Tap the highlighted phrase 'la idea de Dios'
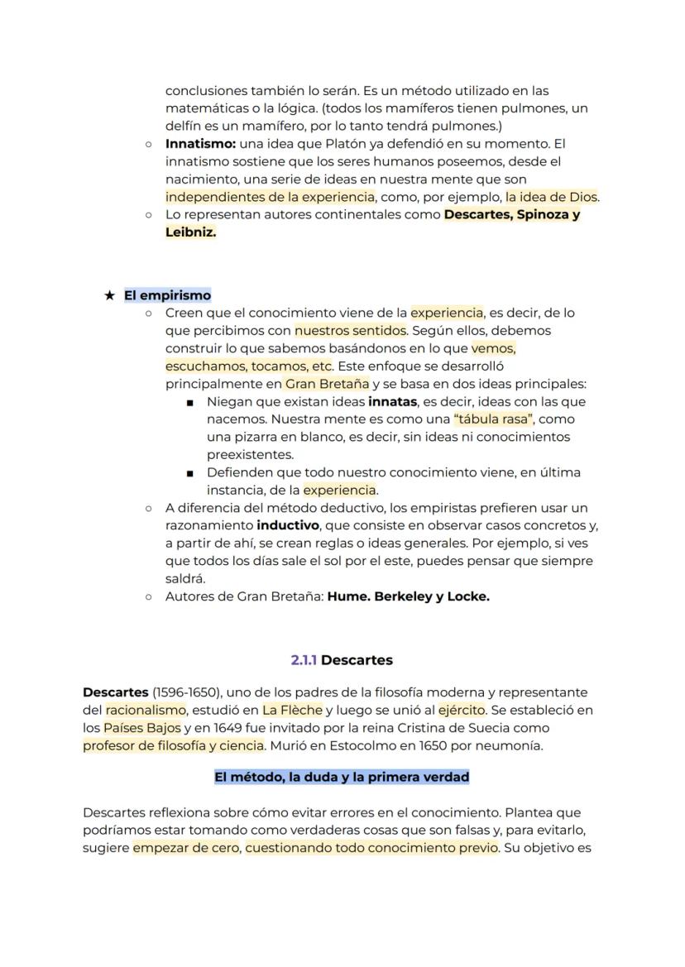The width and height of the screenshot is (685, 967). tap(552, 197)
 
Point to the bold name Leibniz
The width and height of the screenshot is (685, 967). tap(190, 232)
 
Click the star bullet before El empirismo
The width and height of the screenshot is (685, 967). tap(109, 295)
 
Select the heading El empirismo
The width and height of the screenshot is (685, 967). tap(167, 295)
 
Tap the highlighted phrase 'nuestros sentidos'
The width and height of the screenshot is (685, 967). tap(350, 331)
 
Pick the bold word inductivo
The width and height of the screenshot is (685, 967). tap(288, 525)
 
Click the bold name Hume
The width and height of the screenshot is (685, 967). tap(347, 596)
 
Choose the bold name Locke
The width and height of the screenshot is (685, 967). tap(468, 596)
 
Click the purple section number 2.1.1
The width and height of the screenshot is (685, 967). tap(304, 660)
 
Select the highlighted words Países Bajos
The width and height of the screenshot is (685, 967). tap(142, 728)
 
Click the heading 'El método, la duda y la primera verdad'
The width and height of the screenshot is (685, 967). tap(342, 778)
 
